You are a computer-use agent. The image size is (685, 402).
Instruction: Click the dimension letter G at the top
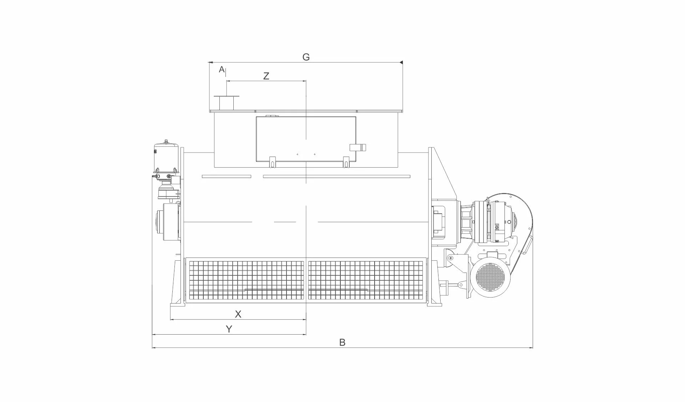click(306, 57)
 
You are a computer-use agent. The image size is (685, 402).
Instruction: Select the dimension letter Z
click(266, 76)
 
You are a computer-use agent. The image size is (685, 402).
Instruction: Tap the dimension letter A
click(222, 69)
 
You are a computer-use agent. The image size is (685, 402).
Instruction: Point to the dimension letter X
click(238, 314)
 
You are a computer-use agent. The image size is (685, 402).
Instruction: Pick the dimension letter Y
click(229, 329)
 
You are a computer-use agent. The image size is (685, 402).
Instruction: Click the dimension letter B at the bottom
click(342, 342)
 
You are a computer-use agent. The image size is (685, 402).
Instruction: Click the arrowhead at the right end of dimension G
click(401, 62)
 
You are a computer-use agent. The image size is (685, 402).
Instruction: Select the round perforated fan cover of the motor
click(491, 275)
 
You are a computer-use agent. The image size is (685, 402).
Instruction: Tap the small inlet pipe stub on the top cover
click(226, 103)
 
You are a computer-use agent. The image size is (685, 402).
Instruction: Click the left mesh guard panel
click(246, 280)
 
